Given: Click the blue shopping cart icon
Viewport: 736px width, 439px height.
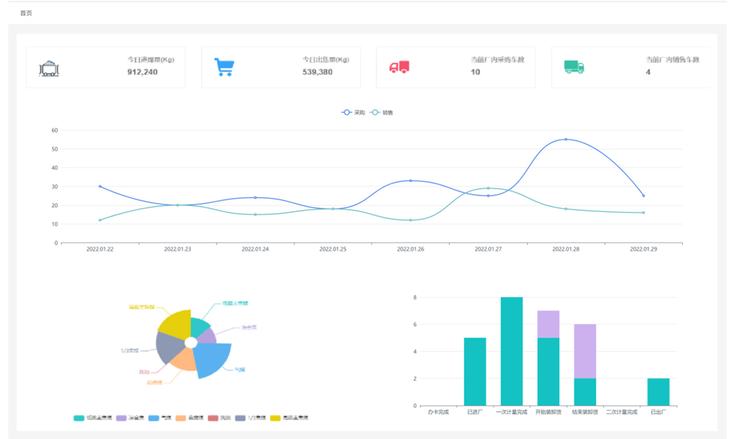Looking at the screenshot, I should pos(224,67).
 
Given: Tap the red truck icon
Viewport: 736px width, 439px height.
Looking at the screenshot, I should pos(399,67).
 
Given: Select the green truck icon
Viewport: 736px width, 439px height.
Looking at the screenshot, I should pos(574,67).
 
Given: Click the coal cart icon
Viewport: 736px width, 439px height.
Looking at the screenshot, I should pos(49,68).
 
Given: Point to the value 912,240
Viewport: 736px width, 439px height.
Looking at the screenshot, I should pos(142,72).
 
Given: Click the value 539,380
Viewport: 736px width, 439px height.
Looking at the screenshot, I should pos(317,72).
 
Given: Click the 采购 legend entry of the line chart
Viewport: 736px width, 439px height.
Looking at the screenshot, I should pos(353,112).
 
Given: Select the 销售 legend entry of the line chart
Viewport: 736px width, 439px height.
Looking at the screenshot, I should pos(382,112).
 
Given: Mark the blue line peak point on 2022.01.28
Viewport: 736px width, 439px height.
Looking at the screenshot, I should pos(566,139).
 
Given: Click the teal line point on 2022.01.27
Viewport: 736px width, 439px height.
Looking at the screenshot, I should pos(488,188).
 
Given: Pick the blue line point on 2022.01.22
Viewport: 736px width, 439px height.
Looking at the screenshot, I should pos(100,186).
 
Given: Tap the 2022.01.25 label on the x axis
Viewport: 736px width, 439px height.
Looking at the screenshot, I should pos(333,249).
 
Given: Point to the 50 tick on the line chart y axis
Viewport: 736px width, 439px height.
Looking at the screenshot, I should pos(55,149).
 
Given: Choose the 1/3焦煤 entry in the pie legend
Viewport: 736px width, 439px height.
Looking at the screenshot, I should pos(251,418).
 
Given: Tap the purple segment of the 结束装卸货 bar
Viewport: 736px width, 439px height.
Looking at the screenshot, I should pos(585,351).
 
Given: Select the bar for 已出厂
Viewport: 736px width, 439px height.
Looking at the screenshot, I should pos(658,392).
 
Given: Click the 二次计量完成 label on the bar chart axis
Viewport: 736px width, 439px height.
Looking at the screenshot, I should pos(622,412).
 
